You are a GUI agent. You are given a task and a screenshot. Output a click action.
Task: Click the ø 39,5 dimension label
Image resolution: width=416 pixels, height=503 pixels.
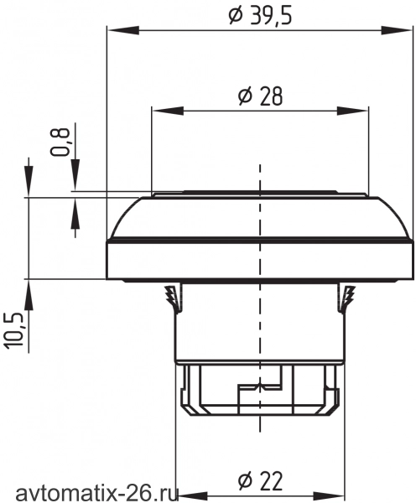pos(260,16)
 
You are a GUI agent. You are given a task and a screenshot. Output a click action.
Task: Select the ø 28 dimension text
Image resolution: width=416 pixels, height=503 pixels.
pos(260,96)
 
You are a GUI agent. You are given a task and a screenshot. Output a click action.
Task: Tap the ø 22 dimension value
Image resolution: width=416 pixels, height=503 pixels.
pos(260,481)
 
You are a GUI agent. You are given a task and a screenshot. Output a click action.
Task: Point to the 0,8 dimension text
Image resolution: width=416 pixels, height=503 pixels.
pos(60,142)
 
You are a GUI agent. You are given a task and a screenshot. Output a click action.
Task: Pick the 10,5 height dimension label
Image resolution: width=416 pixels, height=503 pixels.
pos(14,330)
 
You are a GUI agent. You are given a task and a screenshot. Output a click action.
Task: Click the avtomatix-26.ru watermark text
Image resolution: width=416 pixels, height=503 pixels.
pos(96,494)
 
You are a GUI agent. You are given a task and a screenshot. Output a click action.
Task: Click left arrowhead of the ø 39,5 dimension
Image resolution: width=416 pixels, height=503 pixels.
pos(123,31)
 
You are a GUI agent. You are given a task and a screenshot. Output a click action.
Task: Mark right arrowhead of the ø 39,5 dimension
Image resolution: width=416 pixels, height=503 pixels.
pos(396,31)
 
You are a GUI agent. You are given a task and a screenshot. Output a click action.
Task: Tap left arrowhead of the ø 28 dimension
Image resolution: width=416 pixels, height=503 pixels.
pos(168,111)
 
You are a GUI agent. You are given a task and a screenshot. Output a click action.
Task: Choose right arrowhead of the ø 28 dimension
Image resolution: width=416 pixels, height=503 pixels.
pos(352,111)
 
